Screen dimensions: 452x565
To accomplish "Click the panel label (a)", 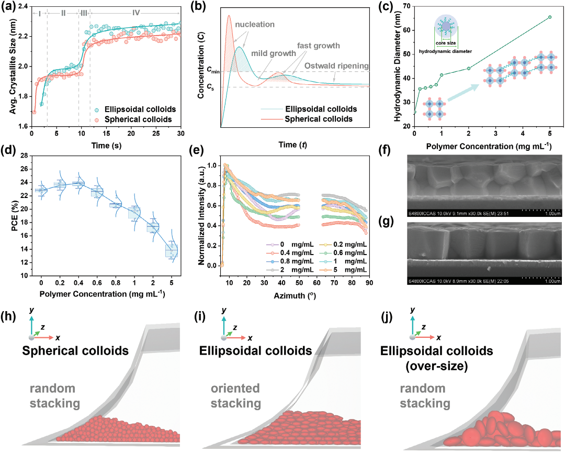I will point(11,7).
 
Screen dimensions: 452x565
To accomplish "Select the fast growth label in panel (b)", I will point(319,46).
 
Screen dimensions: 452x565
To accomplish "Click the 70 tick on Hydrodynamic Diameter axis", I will point(406,7).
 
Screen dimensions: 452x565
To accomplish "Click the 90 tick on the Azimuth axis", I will point(369,283).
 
